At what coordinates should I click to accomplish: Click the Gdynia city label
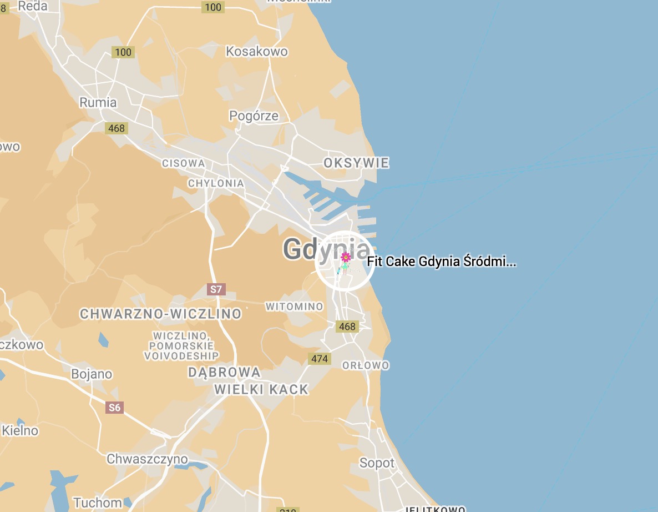[311, 249]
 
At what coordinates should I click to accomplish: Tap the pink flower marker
[346, 257]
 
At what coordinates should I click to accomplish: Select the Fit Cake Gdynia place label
[442, 262]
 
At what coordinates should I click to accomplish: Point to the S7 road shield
[216, 289]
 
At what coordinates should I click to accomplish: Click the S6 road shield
[114, 408]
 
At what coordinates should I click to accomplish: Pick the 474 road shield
[320, 359]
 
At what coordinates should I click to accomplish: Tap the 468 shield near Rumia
[117, 128]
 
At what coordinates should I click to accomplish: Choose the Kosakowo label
[257, 52]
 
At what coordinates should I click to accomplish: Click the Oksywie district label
[356, 163]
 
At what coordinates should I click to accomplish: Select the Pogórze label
[254, 116]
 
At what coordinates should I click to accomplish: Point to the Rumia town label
[98, 102]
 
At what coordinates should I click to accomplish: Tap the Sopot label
[377, 463]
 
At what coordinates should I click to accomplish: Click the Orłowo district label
[366, 365]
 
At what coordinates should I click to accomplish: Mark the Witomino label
[294, 307]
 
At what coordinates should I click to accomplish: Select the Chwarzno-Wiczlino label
[161, 314]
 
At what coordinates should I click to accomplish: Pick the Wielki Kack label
[261, 389]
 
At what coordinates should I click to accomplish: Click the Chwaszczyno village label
[147, 459]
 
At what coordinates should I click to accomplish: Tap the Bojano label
[92, 374]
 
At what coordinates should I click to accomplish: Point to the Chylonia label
[216, 183]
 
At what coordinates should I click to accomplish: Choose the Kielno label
[20, 430]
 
